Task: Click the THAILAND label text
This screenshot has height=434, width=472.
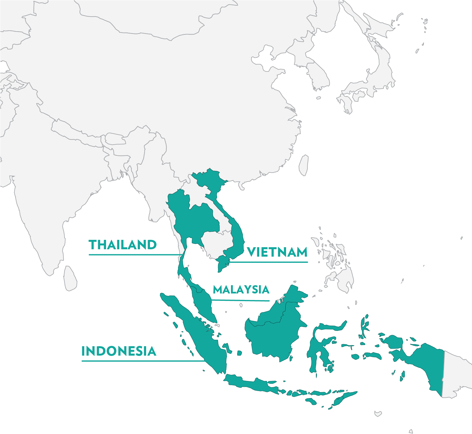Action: click(x=123, y=245)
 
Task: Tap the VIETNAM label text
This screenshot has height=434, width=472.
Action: click(x=277, y=252)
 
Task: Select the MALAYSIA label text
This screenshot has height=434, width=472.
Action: click(x=241, y=290)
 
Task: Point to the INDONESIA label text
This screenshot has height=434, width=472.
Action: click(x=119, y=351)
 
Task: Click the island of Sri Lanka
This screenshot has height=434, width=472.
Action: click(x=70, y=278)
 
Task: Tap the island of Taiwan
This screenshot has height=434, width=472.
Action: click(x=304, y=165)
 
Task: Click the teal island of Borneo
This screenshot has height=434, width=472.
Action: click(x=274, y=330)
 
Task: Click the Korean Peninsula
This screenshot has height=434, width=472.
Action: click(x=317, y=74)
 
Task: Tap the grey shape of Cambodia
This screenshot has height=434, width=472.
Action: click(x=217, y=243)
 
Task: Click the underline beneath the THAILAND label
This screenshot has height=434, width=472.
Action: click(x=133, y=254)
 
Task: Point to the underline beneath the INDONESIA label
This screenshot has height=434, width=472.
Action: click(x=141, y=361)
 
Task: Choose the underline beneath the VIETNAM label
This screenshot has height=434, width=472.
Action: click(x=268, y=262)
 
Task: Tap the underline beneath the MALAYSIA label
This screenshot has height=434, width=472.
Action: click(x=240, y=300)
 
